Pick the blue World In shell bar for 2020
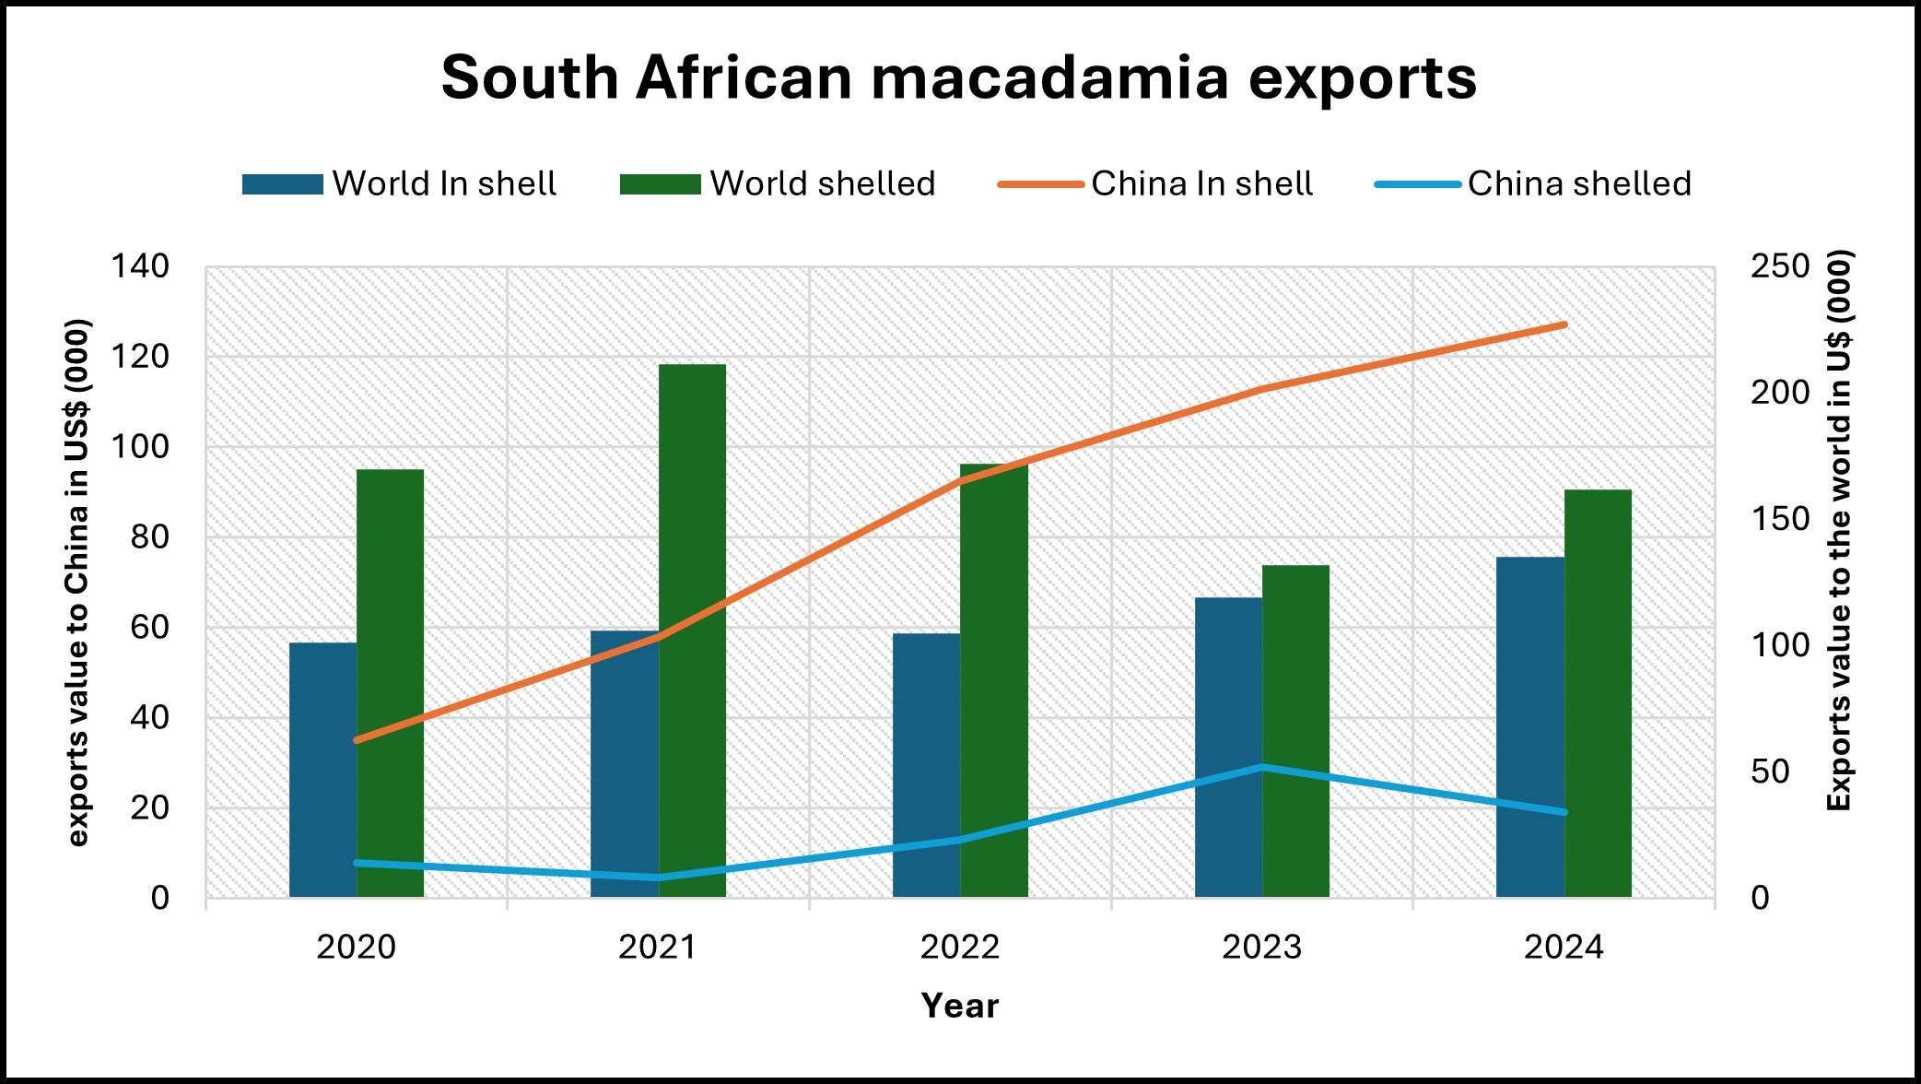click(322, 770)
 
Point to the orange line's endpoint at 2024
click(1564, 325)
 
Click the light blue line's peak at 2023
click(1262, 767)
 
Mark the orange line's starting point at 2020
click(357, 740)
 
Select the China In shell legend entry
click(1156, 184)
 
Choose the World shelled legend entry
click(778, 184)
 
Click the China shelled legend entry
click(1533, 184)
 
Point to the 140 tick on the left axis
click(140, 267)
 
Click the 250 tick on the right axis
click(1780, 267)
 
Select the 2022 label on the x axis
click(960, 948)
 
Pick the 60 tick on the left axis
click(149, 628)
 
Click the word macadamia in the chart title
click(1049, 78)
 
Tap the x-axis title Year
click(960, 1006)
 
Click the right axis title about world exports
click(1839, 530)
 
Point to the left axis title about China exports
click(78, 583)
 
